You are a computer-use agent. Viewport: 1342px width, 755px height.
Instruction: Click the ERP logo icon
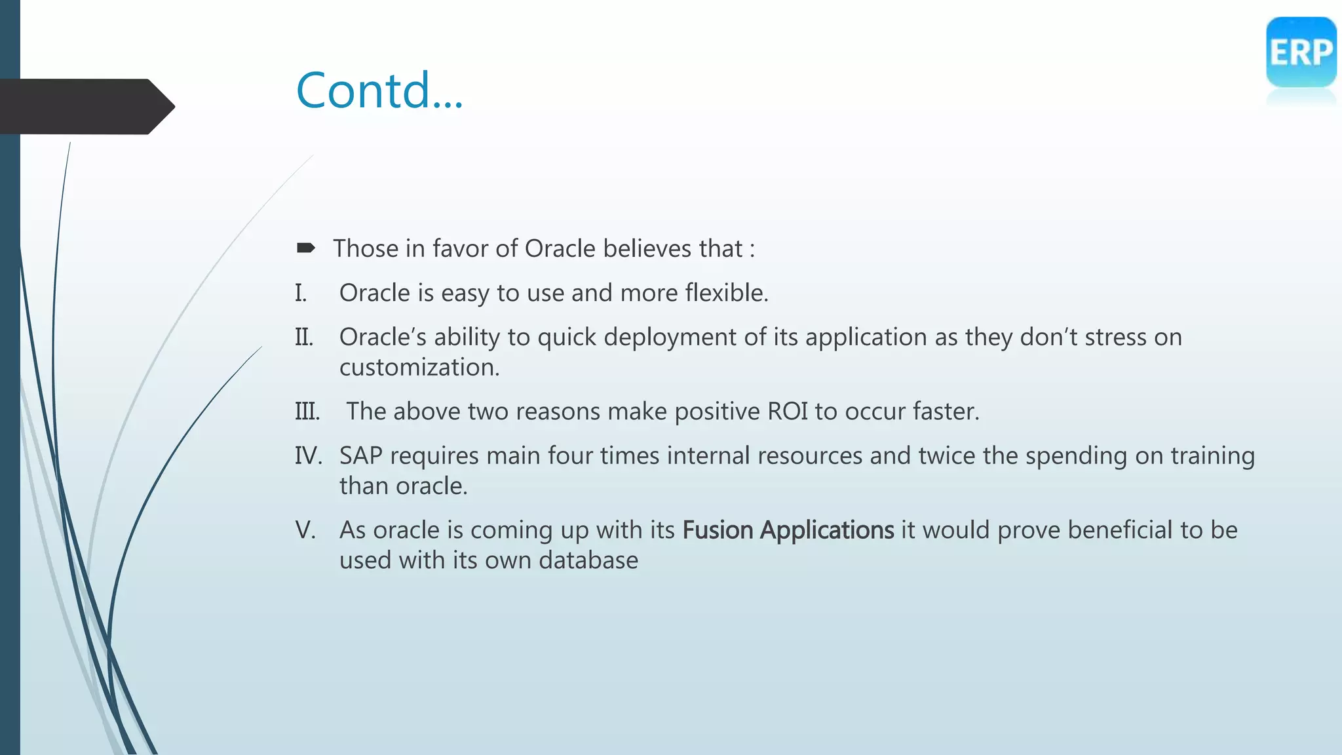point(1301,52)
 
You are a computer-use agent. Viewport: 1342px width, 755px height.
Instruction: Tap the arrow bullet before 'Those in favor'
point(305,248)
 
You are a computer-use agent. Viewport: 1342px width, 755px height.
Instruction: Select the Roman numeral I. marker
point(301,293)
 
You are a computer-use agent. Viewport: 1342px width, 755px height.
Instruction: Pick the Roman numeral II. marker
point(304,338)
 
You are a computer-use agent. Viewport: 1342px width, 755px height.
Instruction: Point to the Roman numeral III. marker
point(307,412)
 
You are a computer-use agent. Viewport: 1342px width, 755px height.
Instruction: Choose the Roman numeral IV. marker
point(308,455)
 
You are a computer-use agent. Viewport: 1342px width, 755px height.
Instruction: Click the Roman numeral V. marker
point(305,530)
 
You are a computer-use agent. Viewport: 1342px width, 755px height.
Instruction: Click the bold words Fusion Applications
point(788,530)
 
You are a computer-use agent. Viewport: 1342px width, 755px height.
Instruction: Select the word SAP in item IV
point(360,455)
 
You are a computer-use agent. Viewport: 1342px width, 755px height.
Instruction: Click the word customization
point(419,368)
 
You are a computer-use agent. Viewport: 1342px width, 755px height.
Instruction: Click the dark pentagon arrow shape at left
point(85,106)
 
